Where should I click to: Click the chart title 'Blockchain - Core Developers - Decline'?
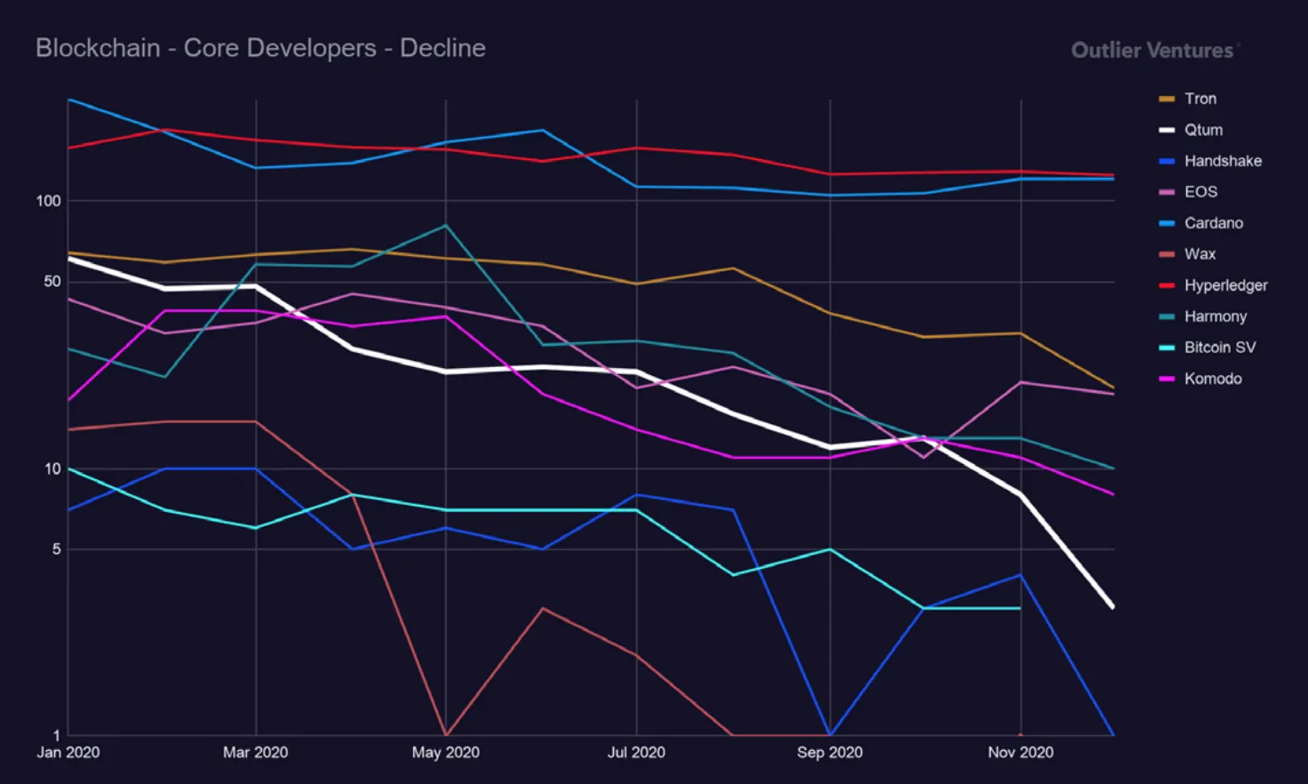point(260,48)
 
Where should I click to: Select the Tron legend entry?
point(1200,99)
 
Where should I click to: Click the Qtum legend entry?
point(1202,130)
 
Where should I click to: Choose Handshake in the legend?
point(1222,161)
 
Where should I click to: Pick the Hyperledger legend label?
point(1225,285)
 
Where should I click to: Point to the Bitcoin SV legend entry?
point(1219,348)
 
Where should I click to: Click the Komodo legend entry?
point(1212,379)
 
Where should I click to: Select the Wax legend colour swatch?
point(1167,254)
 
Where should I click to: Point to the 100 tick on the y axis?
point(49,201)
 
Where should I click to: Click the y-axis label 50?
point(52,282)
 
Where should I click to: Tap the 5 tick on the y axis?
point(57,549)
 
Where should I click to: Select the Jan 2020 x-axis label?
point(68,753)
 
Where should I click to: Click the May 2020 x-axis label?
point(445,753)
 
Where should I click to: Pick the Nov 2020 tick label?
point(1020,753)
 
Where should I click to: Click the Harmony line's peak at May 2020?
point(446,226)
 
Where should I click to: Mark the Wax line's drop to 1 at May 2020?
point(446,734)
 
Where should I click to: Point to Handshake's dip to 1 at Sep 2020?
point(830,734)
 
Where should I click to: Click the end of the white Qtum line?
point(1113,607)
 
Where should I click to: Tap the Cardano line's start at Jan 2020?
point(69,100)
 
